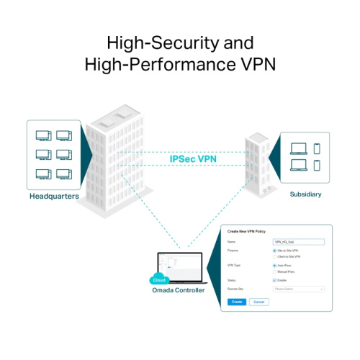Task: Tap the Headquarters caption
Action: pos(54,196)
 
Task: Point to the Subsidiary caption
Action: pos(306,194)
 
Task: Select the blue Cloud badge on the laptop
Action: pos(159,280)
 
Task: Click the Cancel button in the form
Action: pos(258,302)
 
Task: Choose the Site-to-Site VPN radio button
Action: pos(274,251)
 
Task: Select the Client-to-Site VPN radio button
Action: pos(274,256)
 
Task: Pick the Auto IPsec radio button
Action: pos(274,266)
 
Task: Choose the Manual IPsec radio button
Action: pos(274,271)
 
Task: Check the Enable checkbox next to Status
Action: pos(274,280)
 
